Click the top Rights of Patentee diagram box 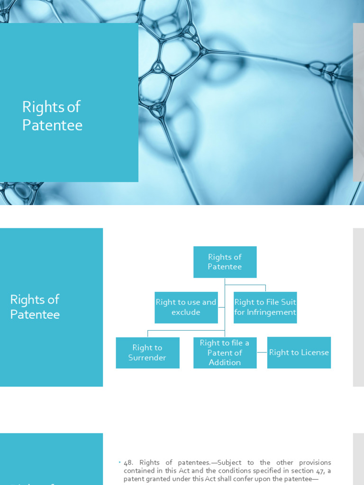click(225, 262)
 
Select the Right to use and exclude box click(186, 307)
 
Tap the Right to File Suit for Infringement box click(265, 307)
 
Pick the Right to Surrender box click(147, 353)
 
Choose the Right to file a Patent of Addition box click(225, 353)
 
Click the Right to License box click(299, 353)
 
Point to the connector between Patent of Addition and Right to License click(262, 352)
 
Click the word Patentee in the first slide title click(52, 126)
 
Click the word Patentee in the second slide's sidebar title click(35, 315)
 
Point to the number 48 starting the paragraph click(127, 463)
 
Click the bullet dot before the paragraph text click(120, 462)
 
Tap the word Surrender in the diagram click(147, 358)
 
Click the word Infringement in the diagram click(271, 313)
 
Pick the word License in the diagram click(315, 352)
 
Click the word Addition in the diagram click(225, 363)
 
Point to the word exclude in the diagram click(186, 313)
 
